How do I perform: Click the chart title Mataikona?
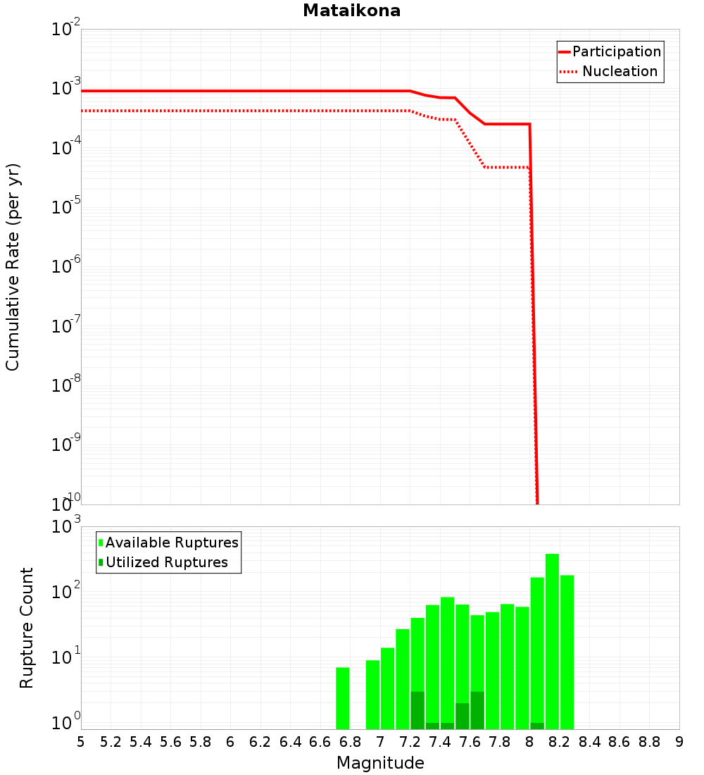351,11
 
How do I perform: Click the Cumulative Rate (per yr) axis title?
13,267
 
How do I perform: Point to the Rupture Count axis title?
27,627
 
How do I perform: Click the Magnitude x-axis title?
380,763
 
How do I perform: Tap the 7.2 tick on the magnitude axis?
410,742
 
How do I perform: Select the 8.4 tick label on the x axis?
590,742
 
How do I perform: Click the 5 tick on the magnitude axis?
81,742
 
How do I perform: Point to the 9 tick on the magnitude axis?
679,742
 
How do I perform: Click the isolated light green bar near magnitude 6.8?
343,697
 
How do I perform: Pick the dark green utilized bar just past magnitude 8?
537,726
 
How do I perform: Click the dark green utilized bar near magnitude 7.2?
417,710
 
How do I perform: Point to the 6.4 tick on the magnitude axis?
291,742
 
